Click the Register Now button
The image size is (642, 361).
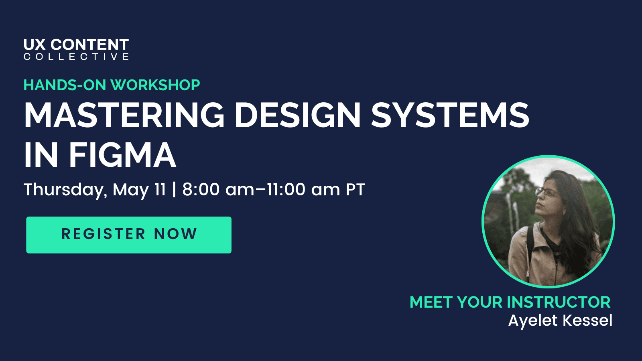tap(129, 235)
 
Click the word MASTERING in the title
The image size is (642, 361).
tap(124, 115)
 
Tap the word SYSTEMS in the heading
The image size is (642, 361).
tap(450, 115)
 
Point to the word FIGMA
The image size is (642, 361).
tap(122, 155)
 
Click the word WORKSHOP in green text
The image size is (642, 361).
tap(155, 85)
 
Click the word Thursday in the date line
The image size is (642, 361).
tap(64, 190)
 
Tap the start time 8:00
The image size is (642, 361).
tap(201, 189)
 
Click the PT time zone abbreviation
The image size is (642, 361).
tap(355, 189)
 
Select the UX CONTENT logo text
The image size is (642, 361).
tap(76, 45)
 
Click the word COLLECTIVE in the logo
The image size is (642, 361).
tap(76, 57)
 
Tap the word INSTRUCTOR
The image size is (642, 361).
tap(559, 302)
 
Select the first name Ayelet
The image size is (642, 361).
tap(533, 320)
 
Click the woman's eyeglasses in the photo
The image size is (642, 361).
tap(547, 193)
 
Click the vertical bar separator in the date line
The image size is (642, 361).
tap(174, 189)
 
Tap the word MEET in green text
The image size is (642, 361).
tap(431, 302)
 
